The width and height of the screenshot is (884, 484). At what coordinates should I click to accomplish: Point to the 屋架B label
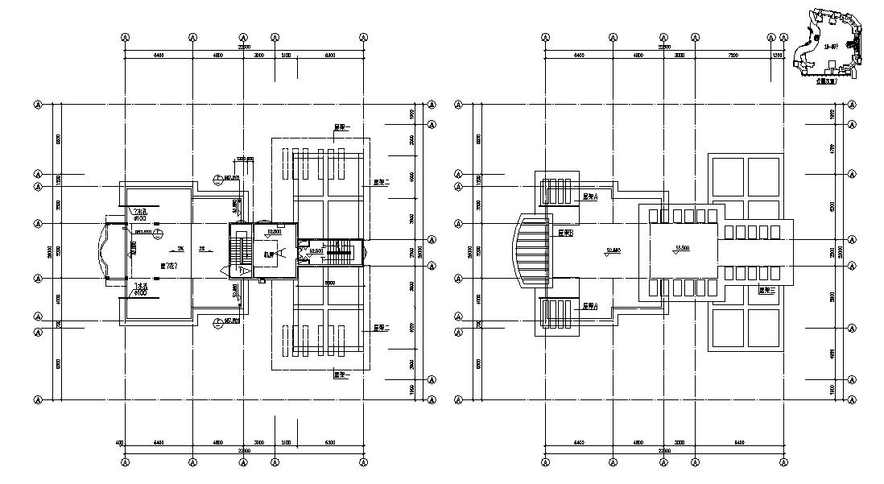pos(565,232)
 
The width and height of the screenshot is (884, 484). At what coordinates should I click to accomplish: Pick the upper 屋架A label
pos(589,196)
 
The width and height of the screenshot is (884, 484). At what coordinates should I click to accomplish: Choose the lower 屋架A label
pos(589,306)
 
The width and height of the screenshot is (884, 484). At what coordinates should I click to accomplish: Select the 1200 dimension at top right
pos(777,56)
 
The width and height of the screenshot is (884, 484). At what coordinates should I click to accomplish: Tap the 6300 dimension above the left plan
pos(330,56)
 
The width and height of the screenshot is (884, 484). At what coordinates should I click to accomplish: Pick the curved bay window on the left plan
pos(107,250)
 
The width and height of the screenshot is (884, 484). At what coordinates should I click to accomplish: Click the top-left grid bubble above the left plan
pos(126,37)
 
